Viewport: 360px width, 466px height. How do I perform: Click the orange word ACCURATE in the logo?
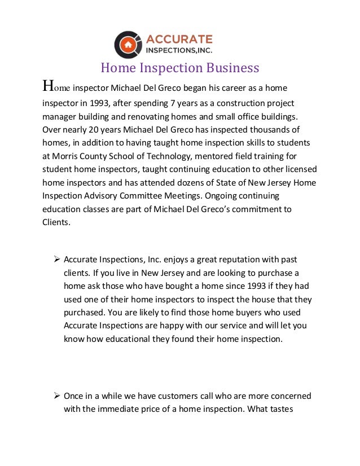pos(179,39)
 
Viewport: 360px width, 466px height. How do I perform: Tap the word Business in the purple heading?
pos(232,68)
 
